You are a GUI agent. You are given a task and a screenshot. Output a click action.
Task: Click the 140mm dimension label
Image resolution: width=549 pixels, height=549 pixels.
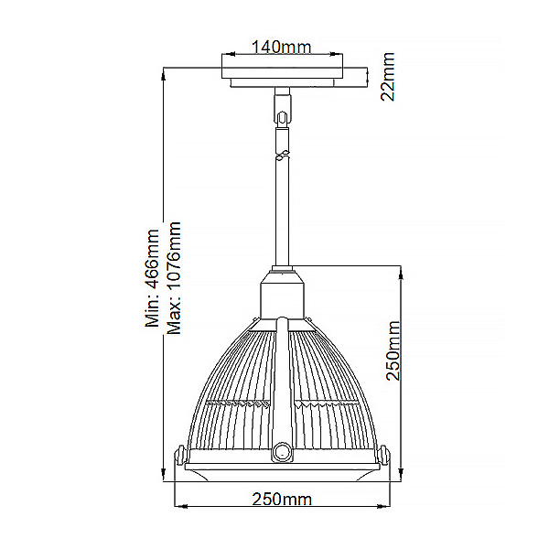[x=282, y=48]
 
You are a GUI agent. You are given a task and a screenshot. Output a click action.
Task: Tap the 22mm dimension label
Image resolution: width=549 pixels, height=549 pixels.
[x=388, y=77]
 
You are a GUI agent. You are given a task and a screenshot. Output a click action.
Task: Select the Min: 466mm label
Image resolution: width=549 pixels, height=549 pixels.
[x=152, y=278]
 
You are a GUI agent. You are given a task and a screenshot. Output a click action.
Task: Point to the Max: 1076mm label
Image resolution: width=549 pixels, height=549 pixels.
[x=174, y=278]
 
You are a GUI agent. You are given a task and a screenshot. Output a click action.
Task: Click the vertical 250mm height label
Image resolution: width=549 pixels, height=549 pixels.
[x=393, y=350]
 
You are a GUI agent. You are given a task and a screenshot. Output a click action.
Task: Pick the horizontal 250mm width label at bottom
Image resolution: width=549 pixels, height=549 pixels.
[x=282, y=500]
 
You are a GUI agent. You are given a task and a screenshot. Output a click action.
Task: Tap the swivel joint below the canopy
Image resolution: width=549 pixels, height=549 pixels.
[x=281, y=118]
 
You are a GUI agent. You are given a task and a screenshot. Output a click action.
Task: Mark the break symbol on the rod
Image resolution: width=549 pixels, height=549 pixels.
[x=282, y=155]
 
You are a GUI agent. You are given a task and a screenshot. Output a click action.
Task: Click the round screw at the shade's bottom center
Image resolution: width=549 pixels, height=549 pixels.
[x=282, y=453]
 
